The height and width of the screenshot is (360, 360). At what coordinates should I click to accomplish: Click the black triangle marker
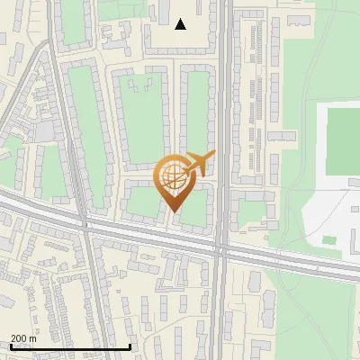181,24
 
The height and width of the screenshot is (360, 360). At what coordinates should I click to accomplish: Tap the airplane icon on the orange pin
198,165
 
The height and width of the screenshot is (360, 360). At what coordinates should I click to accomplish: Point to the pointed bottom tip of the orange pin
172,212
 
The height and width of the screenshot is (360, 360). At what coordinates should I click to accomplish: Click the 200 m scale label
24,337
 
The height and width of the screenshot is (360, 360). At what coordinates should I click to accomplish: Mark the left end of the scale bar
10,346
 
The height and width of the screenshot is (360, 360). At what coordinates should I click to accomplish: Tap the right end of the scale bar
130,346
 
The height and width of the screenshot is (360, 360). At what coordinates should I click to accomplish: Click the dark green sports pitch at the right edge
343,139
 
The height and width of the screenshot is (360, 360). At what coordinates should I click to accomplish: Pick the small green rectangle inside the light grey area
329,240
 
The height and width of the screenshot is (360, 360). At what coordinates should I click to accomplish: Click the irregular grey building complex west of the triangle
117,36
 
